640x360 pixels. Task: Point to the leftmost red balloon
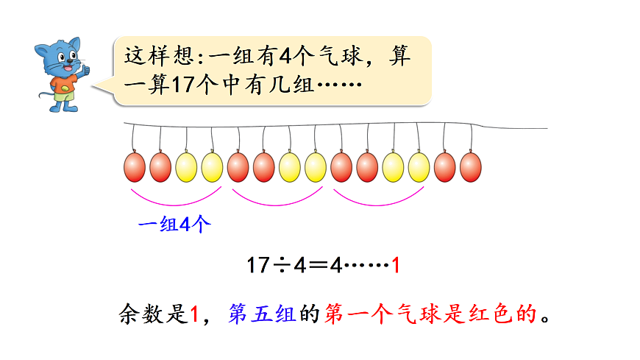(x=135, y=167)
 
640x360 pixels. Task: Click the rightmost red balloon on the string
(x=470, y=167)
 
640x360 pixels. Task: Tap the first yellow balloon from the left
(x=186, y=167)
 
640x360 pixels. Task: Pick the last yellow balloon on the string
(x=419, y=167)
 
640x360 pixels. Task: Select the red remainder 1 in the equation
(x=396, y=265)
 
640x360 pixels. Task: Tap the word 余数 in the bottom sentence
(x=142, y=315)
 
